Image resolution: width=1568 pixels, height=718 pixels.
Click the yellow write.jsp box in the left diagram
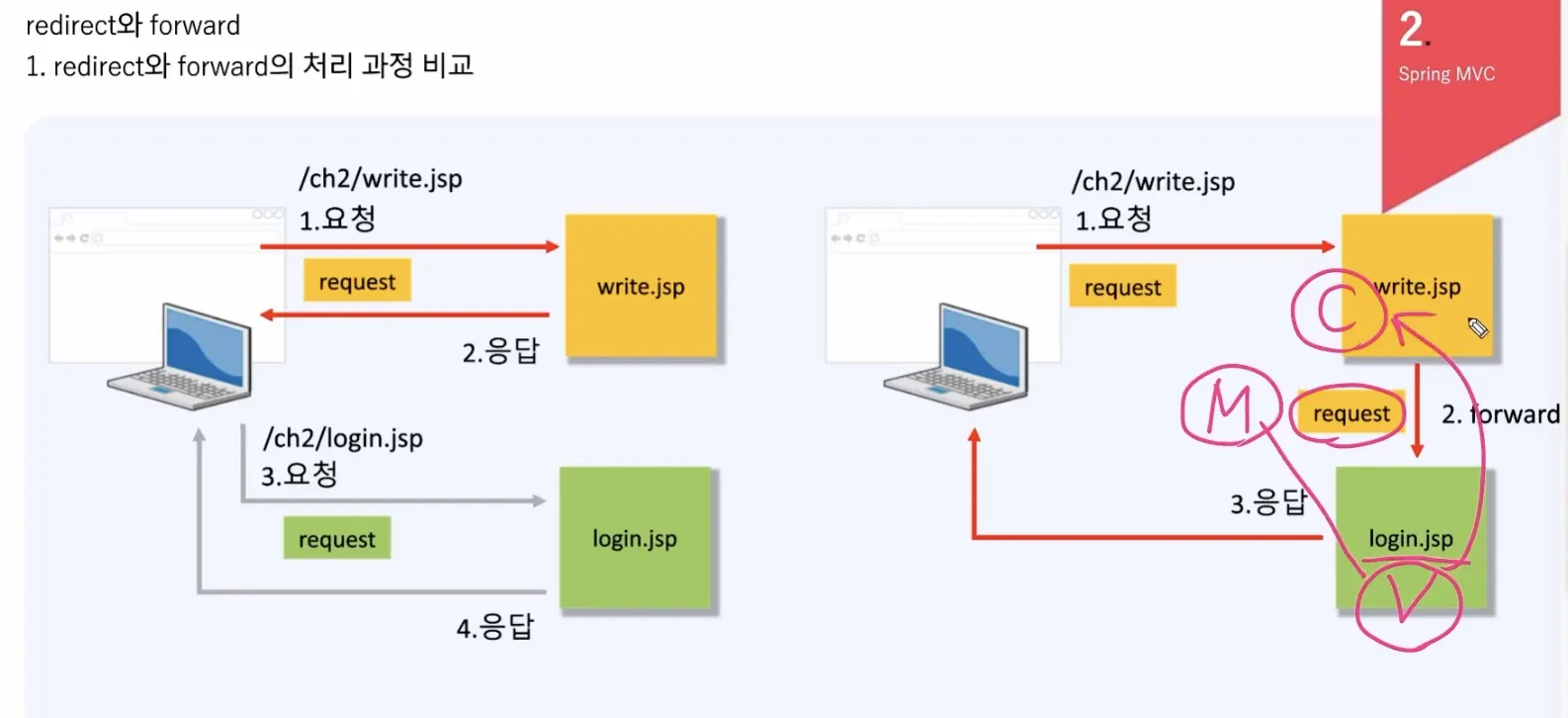641,287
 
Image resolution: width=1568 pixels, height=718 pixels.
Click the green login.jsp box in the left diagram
635,538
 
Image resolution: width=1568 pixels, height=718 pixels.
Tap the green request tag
337,539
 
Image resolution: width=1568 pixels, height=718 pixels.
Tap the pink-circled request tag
1350,413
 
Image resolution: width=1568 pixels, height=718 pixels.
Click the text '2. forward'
1500,413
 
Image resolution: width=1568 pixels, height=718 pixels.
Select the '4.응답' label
494,627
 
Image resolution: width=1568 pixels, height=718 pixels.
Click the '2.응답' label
500,351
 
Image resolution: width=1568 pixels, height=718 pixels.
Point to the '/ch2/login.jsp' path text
343,438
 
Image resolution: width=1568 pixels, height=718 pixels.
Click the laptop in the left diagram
182,358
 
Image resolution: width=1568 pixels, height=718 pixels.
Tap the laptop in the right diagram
958,358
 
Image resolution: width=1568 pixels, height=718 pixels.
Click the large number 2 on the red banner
1413,29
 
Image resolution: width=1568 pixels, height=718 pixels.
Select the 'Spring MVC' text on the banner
1446,74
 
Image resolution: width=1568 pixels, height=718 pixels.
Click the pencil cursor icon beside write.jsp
1478,327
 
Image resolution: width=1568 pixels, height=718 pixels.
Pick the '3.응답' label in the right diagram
1267,502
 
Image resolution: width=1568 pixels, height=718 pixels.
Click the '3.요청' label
300,475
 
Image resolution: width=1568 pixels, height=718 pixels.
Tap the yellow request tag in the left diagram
357,282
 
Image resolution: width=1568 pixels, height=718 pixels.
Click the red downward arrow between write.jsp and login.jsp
1417,409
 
